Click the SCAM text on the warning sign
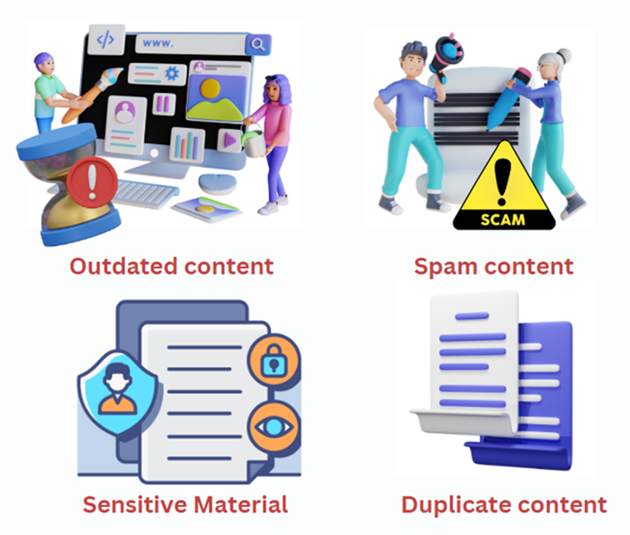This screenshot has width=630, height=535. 499,217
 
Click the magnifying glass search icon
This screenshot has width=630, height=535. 258,43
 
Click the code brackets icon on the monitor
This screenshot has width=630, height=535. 106,39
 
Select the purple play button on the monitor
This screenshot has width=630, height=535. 229,140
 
